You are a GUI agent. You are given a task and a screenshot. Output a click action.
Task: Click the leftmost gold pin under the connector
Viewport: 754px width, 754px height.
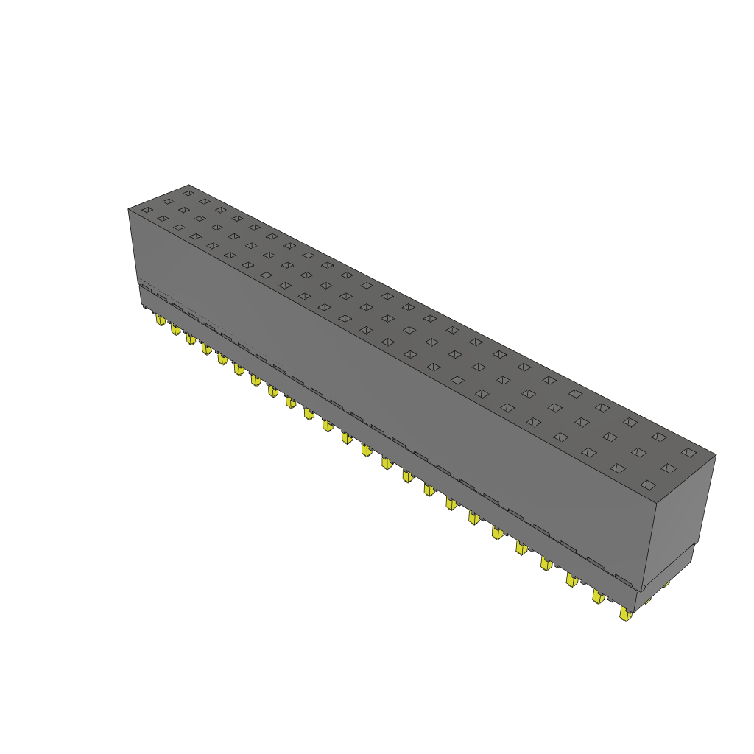tap(160, 320)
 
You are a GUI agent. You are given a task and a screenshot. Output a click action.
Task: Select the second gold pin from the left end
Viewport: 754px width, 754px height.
tap(175, 330)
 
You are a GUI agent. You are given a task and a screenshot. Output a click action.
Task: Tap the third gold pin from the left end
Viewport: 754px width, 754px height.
tap(190, 339)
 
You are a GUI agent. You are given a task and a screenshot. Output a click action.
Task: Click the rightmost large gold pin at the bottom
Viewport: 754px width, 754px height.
tap(626, 614)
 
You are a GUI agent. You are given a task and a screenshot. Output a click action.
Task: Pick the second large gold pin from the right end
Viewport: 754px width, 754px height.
tap(598, 596)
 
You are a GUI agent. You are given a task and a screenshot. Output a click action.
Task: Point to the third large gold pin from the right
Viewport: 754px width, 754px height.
tap(571, 579)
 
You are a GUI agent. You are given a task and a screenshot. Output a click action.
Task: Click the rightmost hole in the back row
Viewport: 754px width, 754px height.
tap(688, 452)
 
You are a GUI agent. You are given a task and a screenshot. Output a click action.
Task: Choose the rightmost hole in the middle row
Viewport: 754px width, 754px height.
tap(668, 468)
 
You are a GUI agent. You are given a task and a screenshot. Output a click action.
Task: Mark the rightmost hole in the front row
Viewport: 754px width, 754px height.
tap(647, 485)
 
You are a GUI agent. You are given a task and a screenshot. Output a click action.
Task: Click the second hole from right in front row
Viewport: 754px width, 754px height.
tap(617, 468)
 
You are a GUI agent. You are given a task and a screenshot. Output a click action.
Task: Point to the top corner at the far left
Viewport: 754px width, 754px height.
tap(128, 210)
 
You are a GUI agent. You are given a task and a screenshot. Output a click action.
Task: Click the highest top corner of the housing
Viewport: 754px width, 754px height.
tap(189, 185)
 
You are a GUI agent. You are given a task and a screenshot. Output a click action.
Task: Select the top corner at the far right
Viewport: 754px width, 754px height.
tap(716, 454)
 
